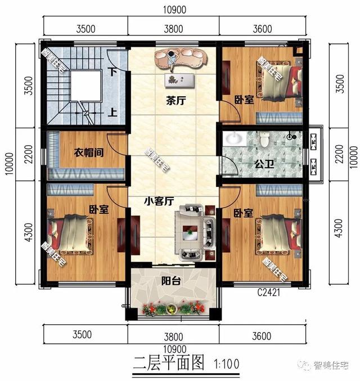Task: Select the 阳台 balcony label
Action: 171,281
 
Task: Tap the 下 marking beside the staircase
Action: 113,72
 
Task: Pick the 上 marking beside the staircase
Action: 113,112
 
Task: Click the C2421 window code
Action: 269,293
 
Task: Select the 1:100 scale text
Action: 226,364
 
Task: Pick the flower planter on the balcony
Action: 173,308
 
